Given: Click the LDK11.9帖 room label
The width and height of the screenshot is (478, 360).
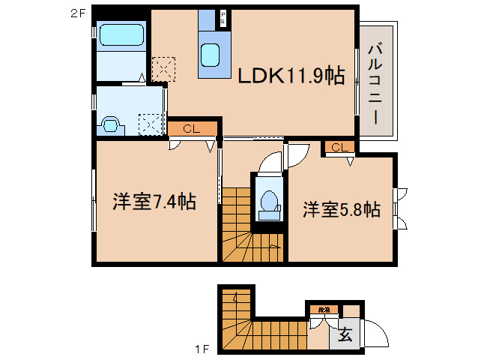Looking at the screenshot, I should click(x=291, y=75).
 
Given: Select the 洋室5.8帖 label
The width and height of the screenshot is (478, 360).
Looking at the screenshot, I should click(x=342, y=209).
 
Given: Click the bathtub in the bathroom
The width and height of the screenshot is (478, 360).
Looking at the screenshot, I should click(x=121, y=36).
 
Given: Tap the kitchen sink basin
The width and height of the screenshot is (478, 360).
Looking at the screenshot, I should click(x=211, y=55).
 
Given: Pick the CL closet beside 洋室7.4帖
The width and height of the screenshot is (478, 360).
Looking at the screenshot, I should click(x=192, y=129).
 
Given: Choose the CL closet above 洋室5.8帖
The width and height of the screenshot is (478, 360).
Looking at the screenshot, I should click(x=338, y=147).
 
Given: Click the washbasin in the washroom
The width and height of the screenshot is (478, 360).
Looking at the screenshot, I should click(x=110, y=124).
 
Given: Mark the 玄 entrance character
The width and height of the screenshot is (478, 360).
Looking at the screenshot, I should click(x=347, y=335).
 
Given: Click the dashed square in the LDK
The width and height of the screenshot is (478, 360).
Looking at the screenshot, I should click(x=163, y=70).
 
